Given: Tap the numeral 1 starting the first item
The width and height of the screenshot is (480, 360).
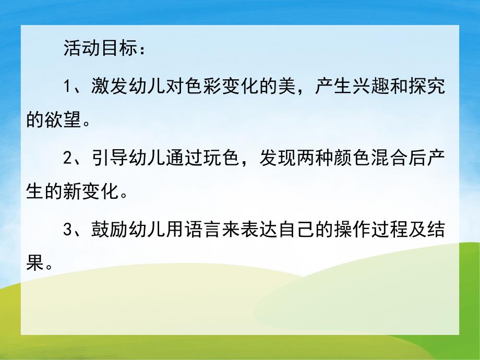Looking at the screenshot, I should click(x=67, y=87).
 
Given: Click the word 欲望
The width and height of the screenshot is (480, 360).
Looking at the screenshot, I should click(x=63, y=122).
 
